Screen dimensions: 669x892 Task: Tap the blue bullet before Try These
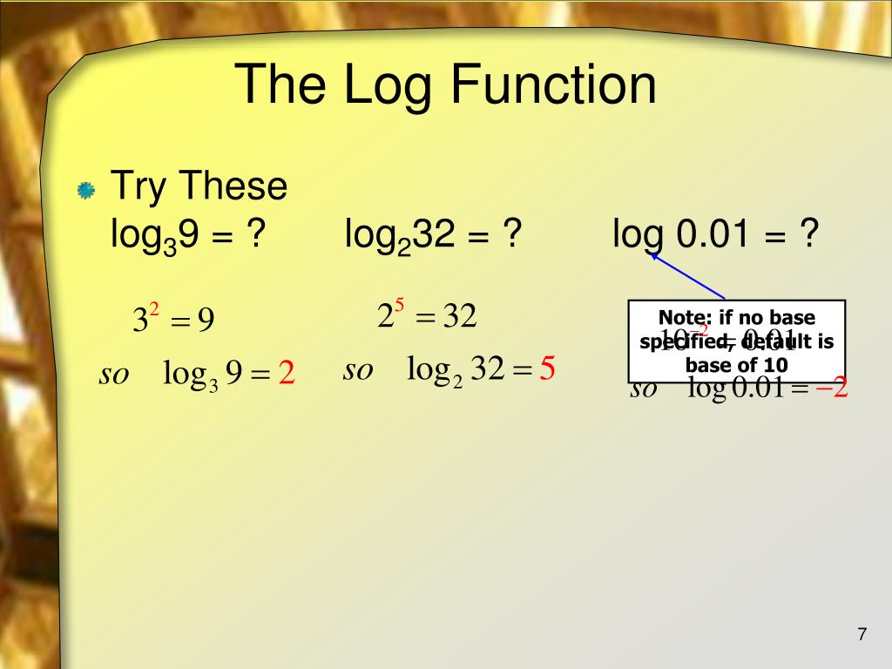click(x=85, y=190)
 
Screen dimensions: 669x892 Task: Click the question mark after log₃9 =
click(x=255, y=233)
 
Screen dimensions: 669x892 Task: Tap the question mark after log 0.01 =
click(x=809, y=233)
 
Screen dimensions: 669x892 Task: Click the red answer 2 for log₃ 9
click(x=287, y=375)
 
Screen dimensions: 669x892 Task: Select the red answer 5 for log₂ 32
click(x=547, y=370)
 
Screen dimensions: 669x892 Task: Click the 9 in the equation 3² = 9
click(x=206, y=321)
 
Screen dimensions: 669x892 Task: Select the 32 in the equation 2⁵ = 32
click(x=461, y=316)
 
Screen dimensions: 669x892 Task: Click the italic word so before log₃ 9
click(x=114, y=375)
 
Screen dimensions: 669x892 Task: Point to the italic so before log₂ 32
click(x=358, y=370)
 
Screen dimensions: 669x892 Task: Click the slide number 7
click(x=862, y=634)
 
